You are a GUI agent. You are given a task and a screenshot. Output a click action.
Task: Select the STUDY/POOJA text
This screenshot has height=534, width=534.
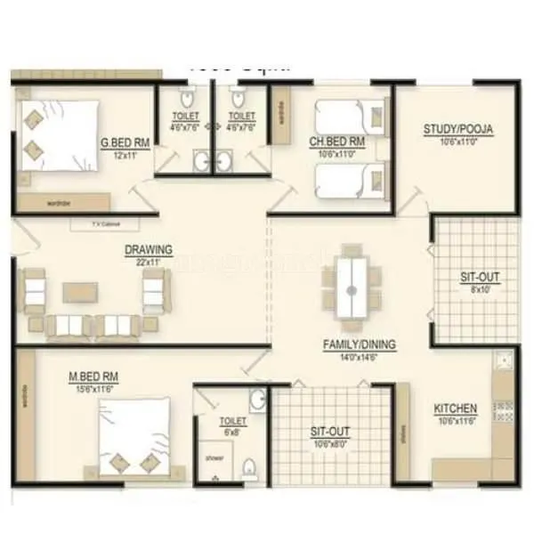pos(457,130)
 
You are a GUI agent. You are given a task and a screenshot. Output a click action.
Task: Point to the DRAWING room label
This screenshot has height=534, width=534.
pos(149,250)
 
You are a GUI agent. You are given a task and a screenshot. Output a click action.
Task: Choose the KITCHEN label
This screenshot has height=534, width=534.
pos(455,409)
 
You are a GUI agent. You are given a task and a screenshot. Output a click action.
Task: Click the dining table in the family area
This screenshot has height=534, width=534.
pos(352,288)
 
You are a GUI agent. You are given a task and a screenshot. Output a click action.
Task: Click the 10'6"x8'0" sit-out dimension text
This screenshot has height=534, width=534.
pos(330,444)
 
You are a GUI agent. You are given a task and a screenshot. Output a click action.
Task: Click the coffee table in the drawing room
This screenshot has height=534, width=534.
pos(80,292)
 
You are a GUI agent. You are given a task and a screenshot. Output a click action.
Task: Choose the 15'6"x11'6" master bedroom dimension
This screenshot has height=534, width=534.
pos(93,389)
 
